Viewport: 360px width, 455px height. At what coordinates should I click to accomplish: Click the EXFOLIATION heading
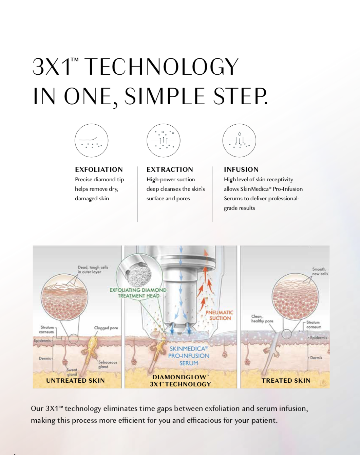click(99, 169)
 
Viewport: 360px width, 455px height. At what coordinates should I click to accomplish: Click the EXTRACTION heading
click(170, 169)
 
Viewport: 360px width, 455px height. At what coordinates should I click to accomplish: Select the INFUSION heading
click(241, 169)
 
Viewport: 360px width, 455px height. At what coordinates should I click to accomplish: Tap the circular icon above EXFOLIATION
click(92, 140)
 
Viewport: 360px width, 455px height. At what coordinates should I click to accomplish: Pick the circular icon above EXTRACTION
click(164, 140)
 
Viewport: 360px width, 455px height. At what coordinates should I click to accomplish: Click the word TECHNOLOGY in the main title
click(162, 67)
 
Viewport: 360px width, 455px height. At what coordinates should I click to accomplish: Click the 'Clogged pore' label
click(106, 328)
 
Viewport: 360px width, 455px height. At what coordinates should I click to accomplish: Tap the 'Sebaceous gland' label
click(108, 364)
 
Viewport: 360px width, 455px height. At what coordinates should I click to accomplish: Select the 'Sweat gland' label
click(72, 372)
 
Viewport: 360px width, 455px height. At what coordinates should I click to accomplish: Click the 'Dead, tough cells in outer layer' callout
click(93, 270)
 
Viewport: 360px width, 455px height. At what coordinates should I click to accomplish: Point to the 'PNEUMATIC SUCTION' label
click(220, 315)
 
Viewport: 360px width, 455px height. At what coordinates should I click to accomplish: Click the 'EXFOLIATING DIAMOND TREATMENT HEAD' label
click(138, 293)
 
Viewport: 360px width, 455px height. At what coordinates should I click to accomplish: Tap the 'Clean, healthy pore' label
click(262, 318)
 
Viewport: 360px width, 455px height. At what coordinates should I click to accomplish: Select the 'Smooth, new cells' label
click(320, 272)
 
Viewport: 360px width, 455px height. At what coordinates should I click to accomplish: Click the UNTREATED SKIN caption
click(75, 381)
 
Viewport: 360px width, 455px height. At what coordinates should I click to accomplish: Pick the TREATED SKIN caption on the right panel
click(286, 381)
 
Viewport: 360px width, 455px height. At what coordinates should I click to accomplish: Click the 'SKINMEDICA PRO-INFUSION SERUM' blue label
click(189, 356)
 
